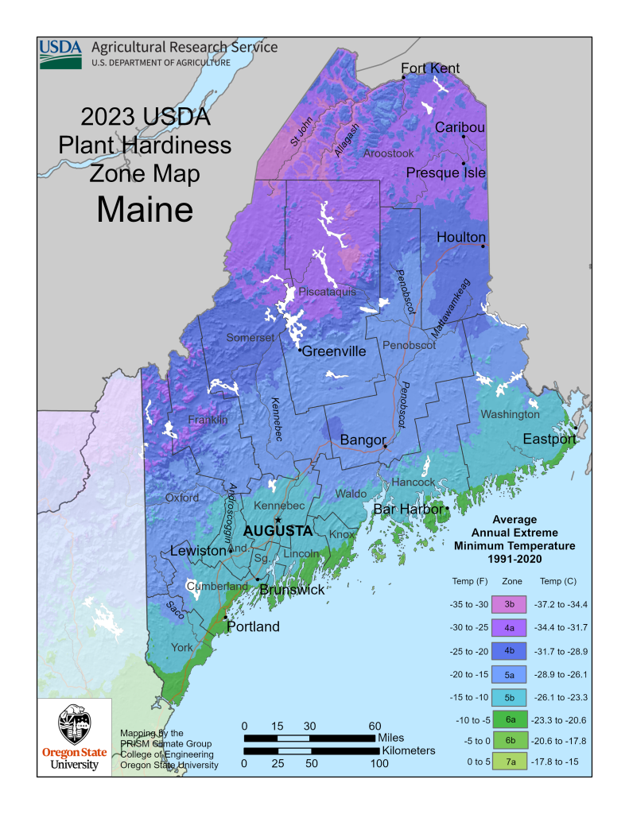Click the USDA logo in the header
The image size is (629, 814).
[x=60, y=53]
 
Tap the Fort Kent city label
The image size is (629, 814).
[x=430, y=68]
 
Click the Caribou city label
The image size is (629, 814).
[x=460, y=127]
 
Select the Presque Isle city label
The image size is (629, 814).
[x=446, y=172]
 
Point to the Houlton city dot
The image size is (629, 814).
[x=483, y=246]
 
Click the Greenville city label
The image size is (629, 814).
[x=333, y=351]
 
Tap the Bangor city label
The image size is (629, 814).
[x=363, y=440]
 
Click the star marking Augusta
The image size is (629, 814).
[x=278, y=520]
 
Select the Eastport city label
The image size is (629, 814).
[x=549, y=439]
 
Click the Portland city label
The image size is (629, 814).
[x=254, y=626]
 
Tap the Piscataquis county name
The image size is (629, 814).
[x=327, y=292]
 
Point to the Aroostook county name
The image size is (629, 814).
[x=389, y=153]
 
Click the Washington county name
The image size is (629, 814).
[x=510, y=414]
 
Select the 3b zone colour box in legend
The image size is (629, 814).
[x=510, y=605]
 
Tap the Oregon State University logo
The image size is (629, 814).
[x=75, y=735]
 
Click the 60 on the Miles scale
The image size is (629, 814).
[x=375, y=726]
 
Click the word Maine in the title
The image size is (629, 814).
[x=145, y=208]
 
